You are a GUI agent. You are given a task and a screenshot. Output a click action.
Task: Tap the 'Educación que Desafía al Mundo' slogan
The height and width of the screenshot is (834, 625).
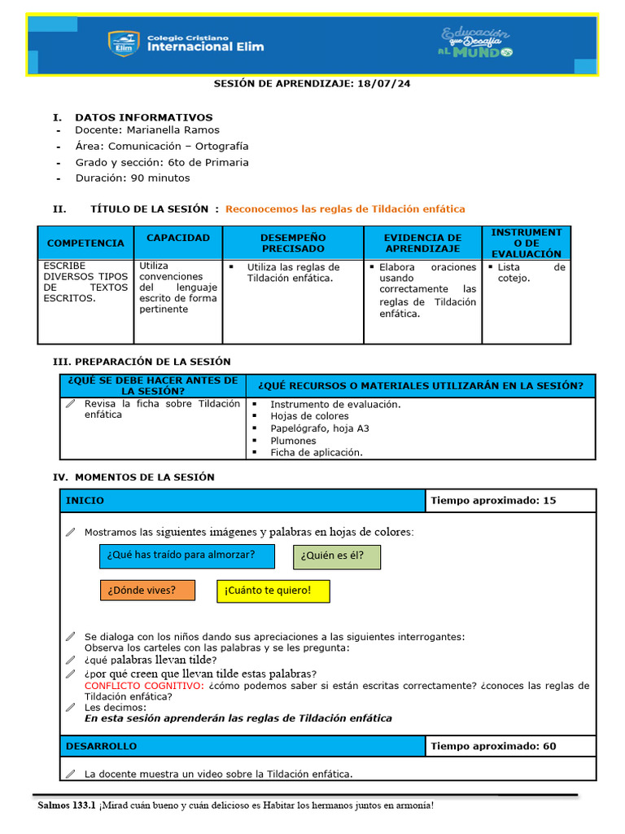click(476, 42)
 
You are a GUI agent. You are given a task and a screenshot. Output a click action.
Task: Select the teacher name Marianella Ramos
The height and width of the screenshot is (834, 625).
click(173, 129)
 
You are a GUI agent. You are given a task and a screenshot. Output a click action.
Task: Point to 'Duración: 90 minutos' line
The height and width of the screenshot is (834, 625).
click(133, 178)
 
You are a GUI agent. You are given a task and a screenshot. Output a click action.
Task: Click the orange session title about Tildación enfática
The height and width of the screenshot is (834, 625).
click(345, 208)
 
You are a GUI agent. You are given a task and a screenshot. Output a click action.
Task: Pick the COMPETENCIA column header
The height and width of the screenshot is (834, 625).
click(85, 243)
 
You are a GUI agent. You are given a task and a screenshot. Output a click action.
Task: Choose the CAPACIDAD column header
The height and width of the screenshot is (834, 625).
click(177, 238)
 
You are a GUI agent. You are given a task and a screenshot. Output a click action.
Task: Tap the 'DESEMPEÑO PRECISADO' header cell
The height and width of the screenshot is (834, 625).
click(293, 243)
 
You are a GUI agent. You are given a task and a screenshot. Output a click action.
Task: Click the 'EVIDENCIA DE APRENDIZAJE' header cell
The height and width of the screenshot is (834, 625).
click(422, 243)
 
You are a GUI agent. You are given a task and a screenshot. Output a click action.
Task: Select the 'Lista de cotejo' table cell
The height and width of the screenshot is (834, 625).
click(526, 272)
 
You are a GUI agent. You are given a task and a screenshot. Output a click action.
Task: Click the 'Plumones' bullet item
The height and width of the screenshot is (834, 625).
click(293, 441)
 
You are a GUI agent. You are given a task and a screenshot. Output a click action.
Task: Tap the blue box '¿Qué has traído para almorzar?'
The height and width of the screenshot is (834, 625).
click(181, 555)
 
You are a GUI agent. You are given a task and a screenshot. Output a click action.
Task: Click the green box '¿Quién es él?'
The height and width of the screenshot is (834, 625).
click(336, 556)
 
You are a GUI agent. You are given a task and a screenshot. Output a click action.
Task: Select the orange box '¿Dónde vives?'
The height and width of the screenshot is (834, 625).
click(147, 590)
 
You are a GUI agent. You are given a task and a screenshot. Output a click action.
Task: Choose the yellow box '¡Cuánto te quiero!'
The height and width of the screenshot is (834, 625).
click(273, 590)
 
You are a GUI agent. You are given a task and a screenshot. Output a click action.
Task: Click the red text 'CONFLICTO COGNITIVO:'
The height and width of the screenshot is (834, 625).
click(144, 686)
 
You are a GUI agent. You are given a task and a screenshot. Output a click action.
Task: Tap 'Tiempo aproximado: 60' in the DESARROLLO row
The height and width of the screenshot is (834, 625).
click(493, 745)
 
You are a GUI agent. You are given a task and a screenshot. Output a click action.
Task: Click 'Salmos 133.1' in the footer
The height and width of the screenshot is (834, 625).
click(67, 805)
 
